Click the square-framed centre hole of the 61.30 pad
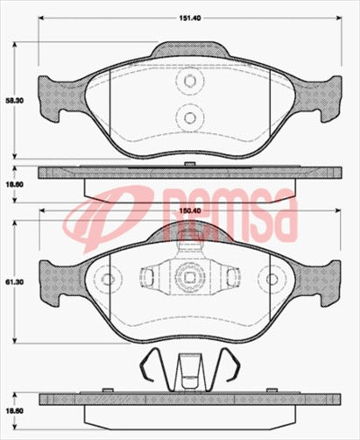click(187, 280)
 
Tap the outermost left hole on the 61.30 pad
click(108, 280)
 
